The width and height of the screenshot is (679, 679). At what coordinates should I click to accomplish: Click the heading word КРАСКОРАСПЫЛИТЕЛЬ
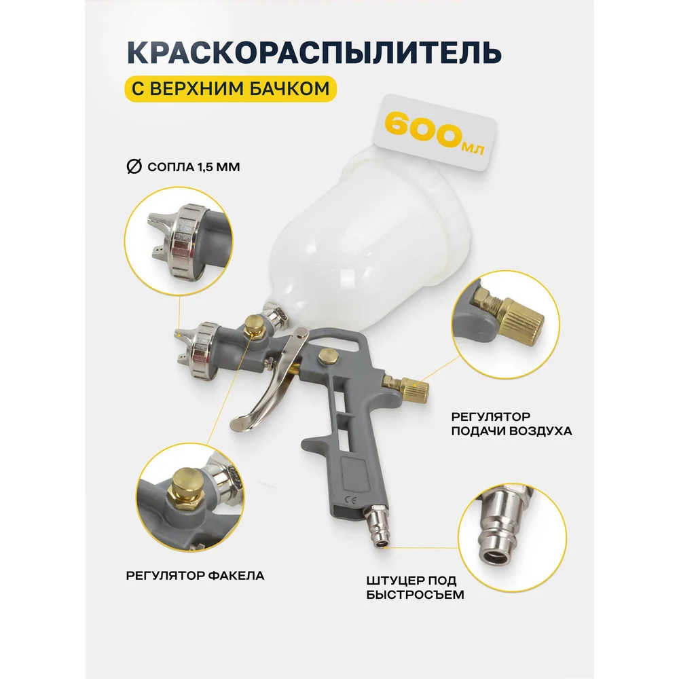click(x=314, y=53)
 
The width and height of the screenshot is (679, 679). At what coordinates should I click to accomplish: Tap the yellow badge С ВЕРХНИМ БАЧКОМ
click(x=231, y=89)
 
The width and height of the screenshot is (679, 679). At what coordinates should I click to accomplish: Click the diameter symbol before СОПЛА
click(x=134, y=166)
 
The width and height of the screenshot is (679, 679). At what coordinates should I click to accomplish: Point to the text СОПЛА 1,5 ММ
click(x=194, y=167)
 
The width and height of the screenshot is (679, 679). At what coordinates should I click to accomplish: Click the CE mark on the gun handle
click(x=350, y=500)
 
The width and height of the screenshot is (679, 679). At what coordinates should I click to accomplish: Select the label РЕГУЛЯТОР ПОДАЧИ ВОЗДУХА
click(x=511, y=424)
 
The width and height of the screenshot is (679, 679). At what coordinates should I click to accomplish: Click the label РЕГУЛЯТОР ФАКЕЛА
click(x=195, y=576)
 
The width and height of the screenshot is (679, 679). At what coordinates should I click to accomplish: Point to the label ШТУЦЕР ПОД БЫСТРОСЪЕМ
click(x=415, y=587)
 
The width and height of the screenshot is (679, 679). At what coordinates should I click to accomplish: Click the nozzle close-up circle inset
click(x=179, y=241)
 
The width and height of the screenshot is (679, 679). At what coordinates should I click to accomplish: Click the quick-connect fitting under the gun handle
click(x=377, y=526)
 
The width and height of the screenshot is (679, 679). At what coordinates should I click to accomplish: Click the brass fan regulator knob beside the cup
click(x=253, y=326)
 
